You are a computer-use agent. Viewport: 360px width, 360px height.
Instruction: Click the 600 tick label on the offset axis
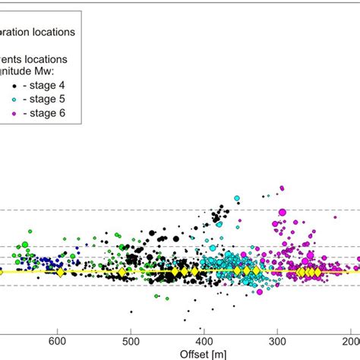click(x=56, y=342)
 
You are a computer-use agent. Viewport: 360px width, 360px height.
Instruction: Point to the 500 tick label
click(x=130, y=342)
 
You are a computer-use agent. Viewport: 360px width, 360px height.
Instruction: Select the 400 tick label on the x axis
click(x=204, y=342)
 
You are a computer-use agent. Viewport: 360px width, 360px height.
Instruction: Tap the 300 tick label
click(x=278, y=342)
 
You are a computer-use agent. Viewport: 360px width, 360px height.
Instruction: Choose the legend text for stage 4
click(x=66, y=84)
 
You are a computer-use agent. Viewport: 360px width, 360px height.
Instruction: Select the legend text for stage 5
click(x=66, y=99)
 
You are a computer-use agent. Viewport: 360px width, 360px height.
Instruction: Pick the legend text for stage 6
click(x=66, y=113)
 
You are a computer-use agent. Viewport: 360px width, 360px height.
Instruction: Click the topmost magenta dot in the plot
click(x=282, y=187)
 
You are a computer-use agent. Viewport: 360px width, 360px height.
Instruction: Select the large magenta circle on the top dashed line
click(x=282, y=212)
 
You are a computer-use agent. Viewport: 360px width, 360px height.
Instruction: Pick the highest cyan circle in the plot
click(x=237, y=198)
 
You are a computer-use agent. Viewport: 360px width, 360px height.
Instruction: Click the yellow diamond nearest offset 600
click(x=59, y=272)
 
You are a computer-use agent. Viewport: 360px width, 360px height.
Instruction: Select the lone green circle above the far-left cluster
click(x=31, y=229)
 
